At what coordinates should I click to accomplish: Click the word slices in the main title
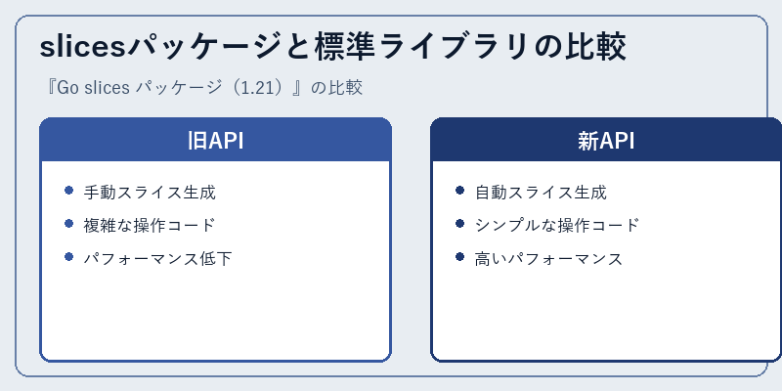click(x=83, y=47)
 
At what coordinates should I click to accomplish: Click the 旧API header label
click(x=215, y=141)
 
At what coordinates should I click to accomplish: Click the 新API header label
click(x=606, y=141)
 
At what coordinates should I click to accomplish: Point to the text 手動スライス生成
click(x=150, y=193)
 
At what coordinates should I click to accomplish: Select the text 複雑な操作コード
click(x=150, y=226)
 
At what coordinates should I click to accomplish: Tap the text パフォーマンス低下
click(x=157, y=259)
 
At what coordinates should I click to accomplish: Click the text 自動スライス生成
click(x=541, y=193)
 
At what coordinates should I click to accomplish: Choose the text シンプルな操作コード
click(x=556, y=226)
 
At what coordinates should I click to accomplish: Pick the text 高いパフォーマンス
click(x=548, y=259)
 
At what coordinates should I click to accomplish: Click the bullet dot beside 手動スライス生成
click(x=68, y=191)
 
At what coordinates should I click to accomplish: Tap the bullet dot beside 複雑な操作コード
click(x=68, y=224)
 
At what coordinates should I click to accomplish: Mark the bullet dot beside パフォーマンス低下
click(x=68, y=257)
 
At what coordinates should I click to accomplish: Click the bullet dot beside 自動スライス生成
click(x=459, y=191)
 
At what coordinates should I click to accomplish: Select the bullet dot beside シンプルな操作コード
click(x=459, y=224)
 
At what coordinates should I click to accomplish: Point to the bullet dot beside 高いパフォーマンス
click(x=459, y=257)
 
